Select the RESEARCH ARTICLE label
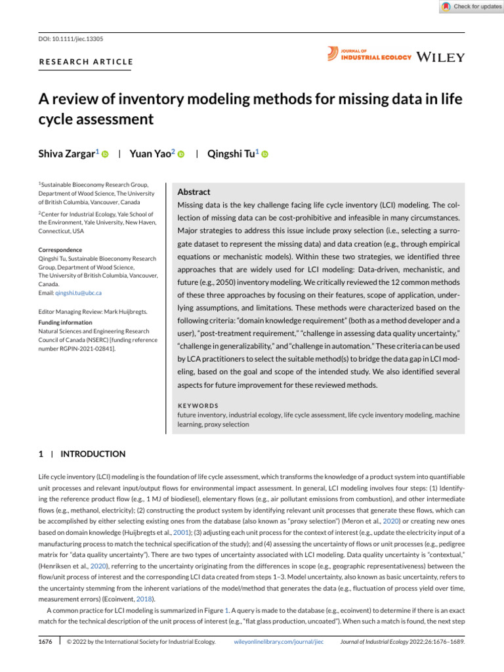pos(86,62)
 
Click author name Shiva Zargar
pos(68,154)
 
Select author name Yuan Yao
pos(152,154)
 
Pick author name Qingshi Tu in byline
pos(232,154)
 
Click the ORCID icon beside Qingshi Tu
pos(266,154)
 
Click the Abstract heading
pos(194,192)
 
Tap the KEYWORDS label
pos(198,406)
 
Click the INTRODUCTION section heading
pos(93,453)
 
